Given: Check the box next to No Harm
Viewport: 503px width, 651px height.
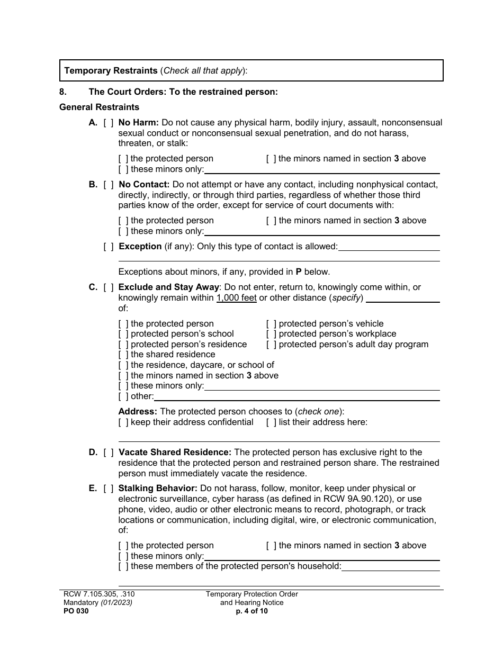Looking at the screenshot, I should tap(109, 123).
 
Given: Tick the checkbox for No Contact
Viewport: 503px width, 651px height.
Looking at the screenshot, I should tap(109, 185).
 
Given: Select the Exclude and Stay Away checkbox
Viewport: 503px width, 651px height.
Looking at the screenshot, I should tap(109, 287).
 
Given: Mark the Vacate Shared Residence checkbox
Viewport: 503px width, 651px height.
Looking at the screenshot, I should tap(109, 453).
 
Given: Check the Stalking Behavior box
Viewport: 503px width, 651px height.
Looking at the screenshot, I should tap(109, 489).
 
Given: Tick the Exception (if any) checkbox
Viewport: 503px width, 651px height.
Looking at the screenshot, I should tap(109, 247).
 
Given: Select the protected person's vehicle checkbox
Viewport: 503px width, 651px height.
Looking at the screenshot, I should tap(271, 324).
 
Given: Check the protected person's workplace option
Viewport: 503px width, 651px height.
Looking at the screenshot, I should tap(271, 334).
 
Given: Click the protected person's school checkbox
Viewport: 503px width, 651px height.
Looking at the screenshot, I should tap(123, 334).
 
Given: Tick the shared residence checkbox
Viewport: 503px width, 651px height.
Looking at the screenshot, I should tap(123, 355).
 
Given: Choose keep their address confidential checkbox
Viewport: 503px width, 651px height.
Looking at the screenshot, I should tap(123, 422).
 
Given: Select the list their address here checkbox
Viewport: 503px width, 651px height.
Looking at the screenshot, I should tap(271, 422).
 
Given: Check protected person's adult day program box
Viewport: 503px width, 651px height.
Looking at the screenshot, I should tap(271, 345).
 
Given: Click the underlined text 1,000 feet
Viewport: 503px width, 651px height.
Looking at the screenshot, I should tap(236, 298).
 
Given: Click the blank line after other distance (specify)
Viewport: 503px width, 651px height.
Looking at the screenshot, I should tap(402, 299).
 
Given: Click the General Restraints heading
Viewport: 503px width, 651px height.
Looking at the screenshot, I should tap(99, 107).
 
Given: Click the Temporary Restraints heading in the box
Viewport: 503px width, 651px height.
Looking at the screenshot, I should tap(111, 70).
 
